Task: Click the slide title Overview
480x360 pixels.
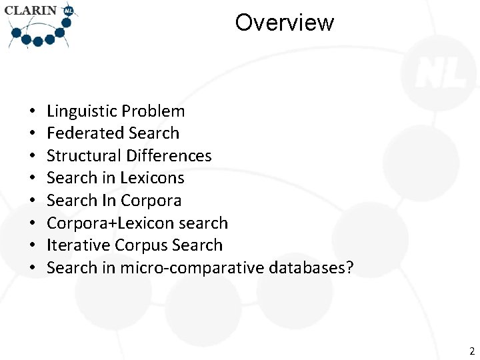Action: point(284,23)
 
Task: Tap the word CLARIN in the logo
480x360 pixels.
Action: point(31,11)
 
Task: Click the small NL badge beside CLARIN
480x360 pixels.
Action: point(68,11)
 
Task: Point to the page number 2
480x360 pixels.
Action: point(471,351)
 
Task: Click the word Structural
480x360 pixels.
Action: point(84,156)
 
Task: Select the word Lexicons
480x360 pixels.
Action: point(152,178)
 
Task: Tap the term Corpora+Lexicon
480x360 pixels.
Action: point(107,223)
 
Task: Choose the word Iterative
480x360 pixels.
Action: point(78,245)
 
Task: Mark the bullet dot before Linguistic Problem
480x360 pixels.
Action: point(31,112)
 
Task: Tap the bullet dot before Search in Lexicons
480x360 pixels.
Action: point(31,179)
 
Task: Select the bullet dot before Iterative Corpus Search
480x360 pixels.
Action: point(31,246)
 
